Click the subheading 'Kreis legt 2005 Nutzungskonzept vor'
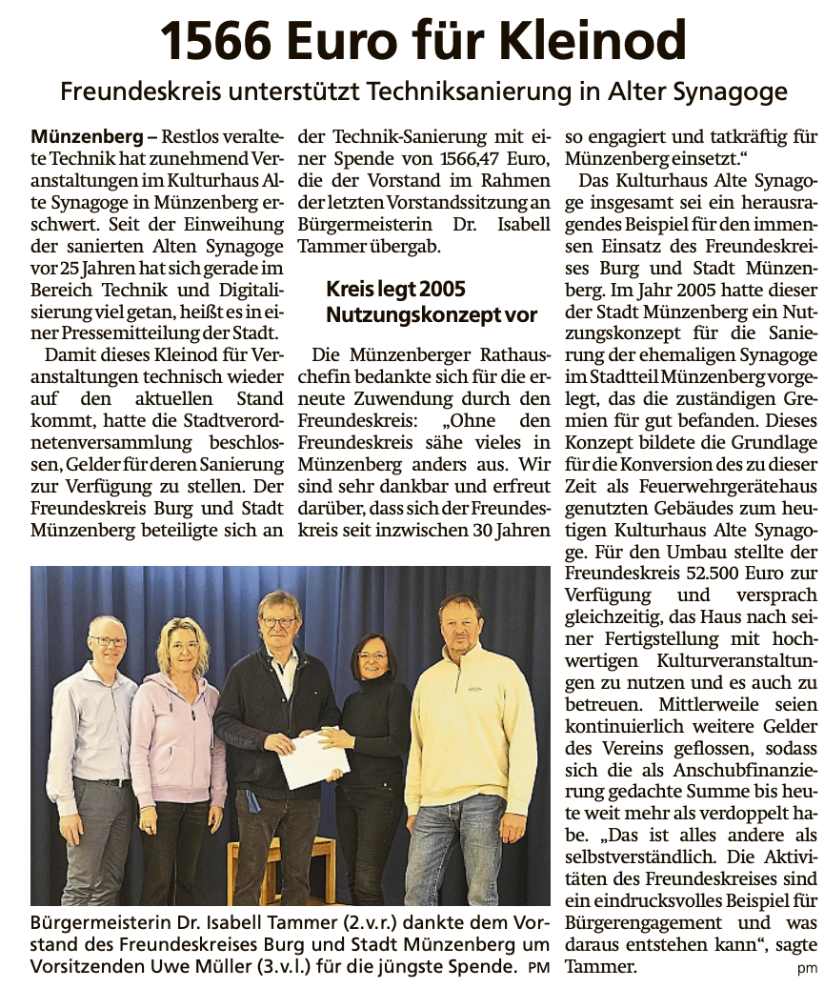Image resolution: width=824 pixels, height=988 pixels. [431, 301]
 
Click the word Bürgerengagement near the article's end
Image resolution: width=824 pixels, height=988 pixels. [648, 923]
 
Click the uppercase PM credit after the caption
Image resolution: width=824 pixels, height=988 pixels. [540, 970]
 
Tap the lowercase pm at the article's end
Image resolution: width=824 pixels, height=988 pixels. [808, 969]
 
